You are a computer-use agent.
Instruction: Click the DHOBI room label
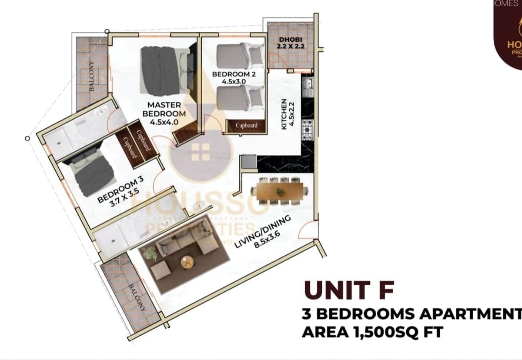click(290, 40)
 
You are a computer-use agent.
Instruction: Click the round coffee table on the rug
click(187, 261)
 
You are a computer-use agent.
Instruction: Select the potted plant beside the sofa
click(151, 253)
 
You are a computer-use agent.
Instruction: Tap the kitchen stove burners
click(307, 129)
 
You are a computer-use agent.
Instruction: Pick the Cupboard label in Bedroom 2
click(246, 125)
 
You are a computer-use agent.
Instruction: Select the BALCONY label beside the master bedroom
click(92, 76)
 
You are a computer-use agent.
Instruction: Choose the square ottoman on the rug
click(160, 270)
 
